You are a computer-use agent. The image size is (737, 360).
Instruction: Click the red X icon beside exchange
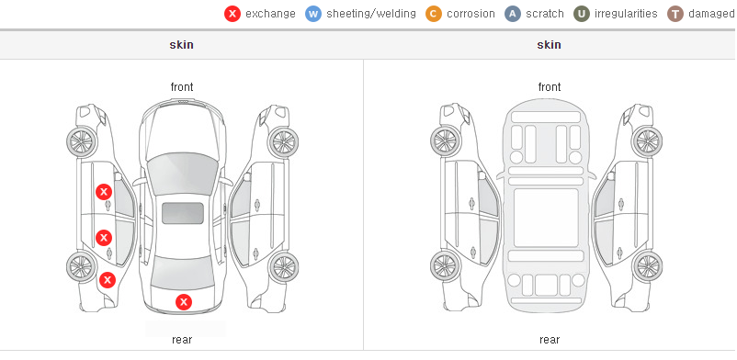click(x=232, y=14)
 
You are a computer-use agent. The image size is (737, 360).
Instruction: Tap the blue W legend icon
click(x=313, y=14)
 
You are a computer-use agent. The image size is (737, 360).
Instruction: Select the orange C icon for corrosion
click(x=434, y=14)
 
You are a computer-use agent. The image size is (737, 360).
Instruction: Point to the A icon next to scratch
click(x=513, y=14)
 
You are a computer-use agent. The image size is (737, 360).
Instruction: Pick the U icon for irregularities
click(x=582, y=14)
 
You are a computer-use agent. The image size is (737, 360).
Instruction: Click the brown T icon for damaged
click(x=675, y=14)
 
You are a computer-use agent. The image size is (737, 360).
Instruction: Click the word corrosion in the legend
click(x=471, y=14)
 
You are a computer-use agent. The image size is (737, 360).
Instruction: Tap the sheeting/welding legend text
click(x=371, y=14)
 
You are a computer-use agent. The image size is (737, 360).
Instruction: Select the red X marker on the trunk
click(x=184, y=302)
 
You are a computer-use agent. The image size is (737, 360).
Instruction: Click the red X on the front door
click(x=104, y=192)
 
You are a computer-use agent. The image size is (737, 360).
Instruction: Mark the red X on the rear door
click(x=104, y=238)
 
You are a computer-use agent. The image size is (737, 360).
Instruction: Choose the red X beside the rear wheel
click(x=108, y=280)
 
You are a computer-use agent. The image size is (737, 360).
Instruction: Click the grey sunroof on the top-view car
click(x=183, y=213)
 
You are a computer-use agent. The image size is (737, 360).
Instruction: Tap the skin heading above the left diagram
click(x=181, y=45)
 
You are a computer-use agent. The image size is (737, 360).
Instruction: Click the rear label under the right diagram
click(x=550, y=340)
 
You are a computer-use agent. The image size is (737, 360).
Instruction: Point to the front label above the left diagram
click(x=182, y=87)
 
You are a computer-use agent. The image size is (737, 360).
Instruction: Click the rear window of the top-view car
click(x=182, y=274)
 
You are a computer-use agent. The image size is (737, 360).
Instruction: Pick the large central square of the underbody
click(x=546, y=218)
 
